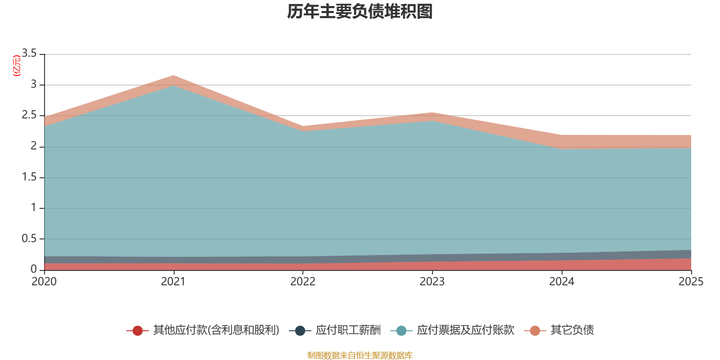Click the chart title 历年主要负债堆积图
tap(360, 12)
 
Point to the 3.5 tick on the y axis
tap(29, 54)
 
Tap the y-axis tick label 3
tap(34, 84)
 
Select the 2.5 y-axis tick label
tap(29, 115)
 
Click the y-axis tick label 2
tap(34, 146)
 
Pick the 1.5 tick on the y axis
tap(29, 177)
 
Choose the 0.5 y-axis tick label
tap(29, 238)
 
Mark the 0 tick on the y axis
tap(34, 269)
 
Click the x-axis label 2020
tap(44, 282)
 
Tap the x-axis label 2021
tap(173, 282)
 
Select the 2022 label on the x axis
tap(303, 282)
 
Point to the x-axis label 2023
tap(432, 282)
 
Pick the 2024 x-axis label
tap(562, 282)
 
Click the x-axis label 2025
tap(691, 282)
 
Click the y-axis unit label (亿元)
tap(17, 66)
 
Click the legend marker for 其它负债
tap(535, 331)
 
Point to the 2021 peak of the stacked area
tap(174, 76)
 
